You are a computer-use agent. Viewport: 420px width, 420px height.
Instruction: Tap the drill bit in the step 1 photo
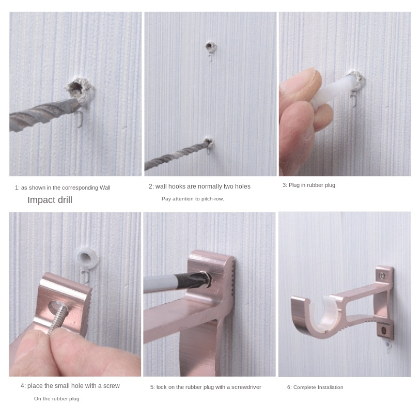(45, 113)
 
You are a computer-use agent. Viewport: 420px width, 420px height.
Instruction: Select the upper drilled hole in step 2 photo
(211, 47)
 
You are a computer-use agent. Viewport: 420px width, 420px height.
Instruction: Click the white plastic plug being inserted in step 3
(335, 89)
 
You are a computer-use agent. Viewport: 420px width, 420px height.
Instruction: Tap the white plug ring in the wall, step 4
(86, 257)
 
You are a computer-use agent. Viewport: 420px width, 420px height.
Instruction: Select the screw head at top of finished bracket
(382, 275)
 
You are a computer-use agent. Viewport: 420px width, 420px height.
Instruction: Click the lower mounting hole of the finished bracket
(383, 331)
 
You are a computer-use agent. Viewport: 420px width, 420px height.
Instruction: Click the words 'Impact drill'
(50, 200)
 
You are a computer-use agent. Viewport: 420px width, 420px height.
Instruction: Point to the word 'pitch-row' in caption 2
(213, 199)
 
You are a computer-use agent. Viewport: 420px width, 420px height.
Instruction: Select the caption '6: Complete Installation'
(315, 387)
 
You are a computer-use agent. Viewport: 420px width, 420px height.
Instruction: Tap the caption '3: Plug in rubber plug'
(309, 185)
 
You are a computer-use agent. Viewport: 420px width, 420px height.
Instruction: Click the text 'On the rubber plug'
(56, 399)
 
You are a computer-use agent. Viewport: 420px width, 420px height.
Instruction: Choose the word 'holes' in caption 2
(243, 186)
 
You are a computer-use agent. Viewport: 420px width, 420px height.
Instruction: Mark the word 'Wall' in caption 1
(105, 188)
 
